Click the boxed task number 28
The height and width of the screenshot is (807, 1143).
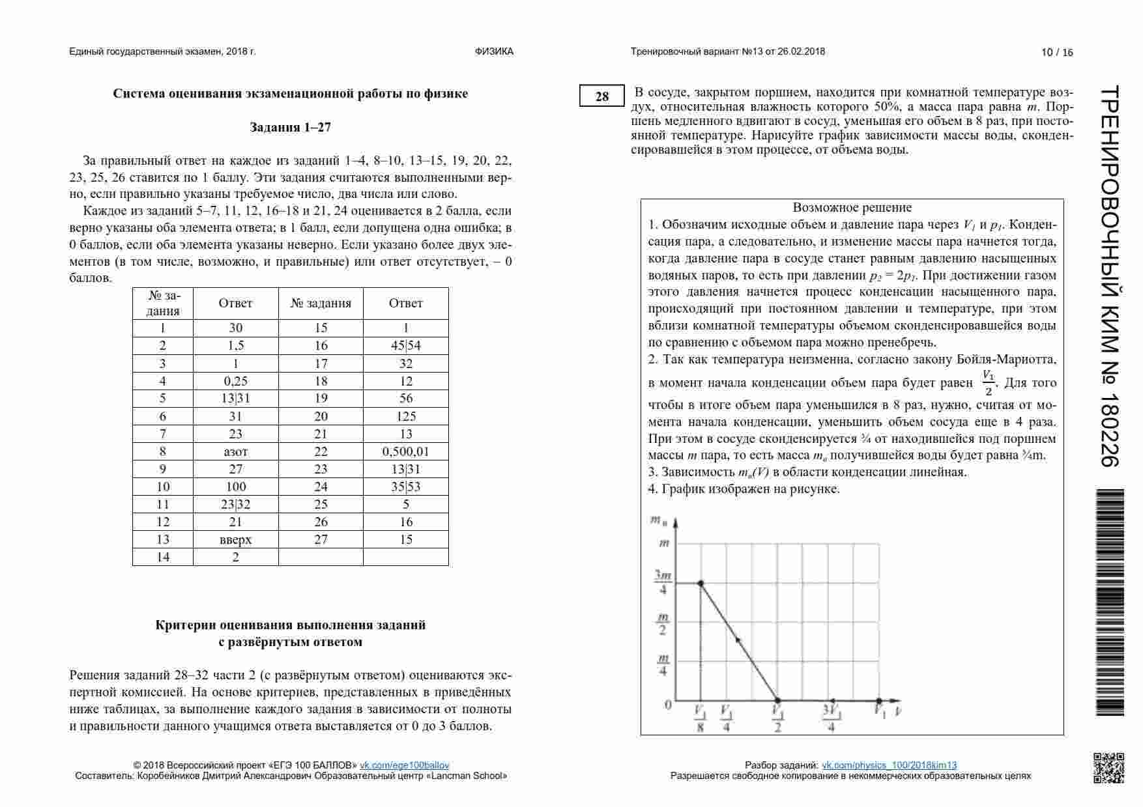(601, 96)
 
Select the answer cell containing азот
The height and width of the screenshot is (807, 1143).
(235, 451)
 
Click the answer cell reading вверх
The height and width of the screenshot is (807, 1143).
(235, 539)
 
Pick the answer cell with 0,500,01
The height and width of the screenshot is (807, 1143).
(405, 451)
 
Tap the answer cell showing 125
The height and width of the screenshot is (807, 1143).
(405, 416)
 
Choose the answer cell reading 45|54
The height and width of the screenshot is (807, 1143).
(405, 346)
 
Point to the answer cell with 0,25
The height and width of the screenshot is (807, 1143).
(235, 381)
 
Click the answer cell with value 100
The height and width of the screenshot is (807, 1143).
(235, 487)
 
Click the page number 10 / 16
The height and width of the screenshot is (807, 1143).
(1056, 53)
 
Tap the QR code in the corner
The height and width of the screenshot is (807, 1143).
(1108, 767)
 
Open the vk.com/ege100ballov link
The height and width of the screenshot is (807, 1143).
(404, 765)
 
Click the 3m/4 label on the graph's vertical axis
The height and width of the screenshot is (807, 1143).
(663, 583)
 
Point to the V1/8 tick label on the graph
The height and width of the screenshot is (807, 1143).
(700, 718)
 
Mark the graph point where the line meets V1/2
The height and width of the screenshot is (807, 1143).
(777, 701)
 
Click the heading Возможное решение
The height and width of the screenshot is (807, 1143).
(852, 208)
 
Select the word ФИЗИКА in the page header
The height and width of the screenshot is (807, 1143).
(494, 51)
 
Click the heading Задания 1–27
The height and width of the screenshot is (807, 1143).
(291, 128)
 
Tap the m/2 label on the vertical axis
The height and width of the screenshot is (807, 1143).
(663, 623)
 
